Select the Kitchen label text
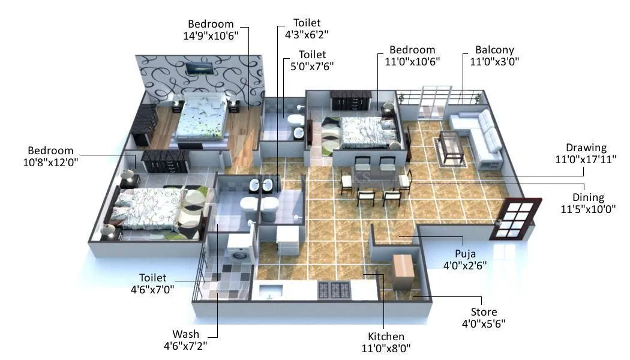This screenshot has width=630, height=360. click(386, 337)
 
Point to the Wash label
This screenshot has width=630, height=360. click(185, 334)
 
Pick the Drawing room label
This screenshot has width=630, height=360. click(586, 148)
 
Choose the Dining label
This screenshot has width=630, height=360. click(587, 197)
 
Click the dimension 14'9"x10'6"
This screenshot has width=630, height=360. click(211, 35)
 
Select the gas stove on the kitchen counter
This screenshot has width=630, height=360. click(334, 290)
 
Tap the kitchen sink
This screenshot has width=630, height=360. click(272, 292)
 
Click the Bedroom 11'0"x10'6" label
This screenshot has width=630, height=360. click(412, 55)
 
